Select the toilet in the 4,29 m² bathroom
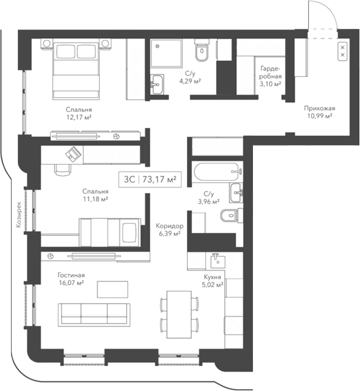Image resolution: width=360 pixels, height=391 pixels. (201, 53)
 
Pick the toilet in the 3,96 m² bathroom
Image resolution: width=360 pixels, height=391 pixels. (229, 216)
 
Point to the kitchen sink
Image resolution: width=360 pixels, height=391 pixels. (217, 261)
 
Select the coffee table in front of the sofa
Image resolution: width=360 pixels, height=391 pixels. (113, 288)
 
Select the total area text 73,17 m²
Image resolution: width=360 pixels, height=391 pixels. (159, 180)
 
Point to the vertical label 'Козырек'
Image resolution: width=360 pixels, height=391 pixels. (19, 215)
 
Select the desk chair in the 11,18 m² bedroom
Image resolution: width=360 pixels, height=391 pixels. (63, 170)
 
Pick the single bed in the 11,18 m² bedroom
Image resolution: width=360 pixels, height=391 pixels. (111, 231)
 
